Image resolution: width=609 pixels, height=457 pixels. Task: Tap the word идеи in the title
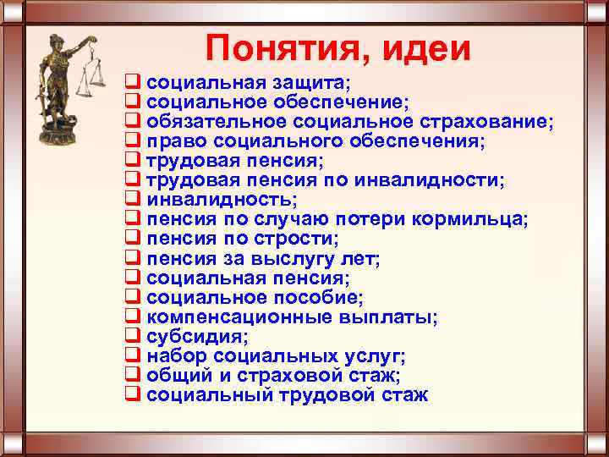[x=427, y=48]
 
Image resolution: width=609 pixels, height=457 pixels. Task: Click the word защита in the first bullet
[x=317, y=83]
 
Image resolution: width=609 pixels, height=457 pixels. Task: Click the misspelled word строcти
[x=295, y=239]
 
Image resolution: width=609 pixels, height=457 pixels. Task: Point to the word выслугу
[x=288, y=258]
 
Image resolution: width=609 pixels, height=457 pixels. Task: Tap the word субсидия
[x=195, y=337]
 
